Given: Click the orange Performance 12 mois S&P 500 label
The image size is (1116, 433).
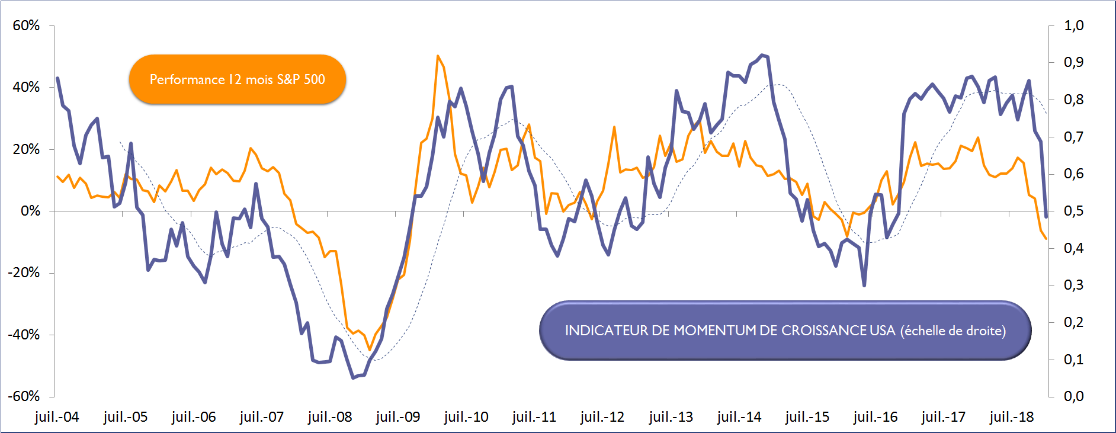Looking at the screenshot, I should [x=237, y=79].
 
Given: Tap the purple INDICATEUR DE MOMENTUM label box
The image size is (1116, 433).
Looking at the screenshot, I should [x=785, y=331].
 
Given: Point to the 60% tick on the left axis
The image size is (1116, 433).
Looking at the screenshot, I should [x=26, y=25].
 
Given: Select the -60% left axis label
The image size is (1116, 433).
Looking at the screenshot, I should [x=24, y=396].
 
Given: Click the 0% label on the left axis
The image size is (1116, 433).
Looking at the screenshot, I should [x=30, y=211].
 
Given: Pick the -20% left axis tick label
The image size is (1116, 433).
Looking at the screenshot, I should [x=24, y=273].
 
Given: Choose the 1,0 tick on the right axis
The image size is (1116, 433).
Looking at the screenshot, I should [x=1073, y=25].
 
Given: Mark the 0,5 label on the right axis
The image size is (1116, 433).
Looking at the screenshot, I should [x=1073, y=211].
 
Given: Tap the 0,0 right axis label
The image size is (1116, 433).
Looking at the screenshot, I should [x=1073, y=396].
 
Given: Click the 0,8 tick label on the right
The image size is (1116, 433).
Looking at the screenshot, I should [x=1073, y=100].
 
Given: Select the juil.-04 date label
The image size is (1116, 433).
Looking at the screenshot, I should [x=57, y=417].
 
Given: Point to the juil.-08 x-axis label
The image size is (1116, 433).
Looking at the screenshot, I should [x=330, y=417].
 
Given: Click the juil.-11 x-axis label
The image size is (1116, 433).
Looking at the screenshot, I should [x=534, y=417].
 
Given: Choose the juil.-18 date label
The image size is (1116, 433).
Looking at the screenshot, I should [x=1012, y=417].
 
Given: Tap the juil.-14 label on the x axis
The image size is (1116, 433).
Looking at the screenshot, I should [x=739, y=417].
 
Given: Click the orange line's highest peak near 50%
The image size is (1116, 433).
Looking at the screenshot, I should [x=438, y=56].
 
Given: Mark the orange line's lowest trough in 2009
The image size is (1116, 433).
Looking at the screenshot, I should [x=370, y=350].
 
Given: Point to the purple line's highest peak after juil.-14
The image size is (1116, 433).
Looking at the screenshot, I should [x=762, y=55].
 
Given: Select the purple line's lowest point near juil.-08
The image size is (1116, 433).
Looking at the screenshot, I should [x=353, y=377].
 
